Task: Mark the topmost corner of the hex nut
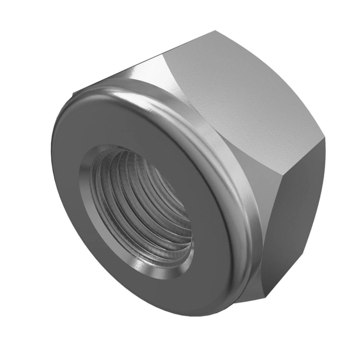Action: pos(216,32)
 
